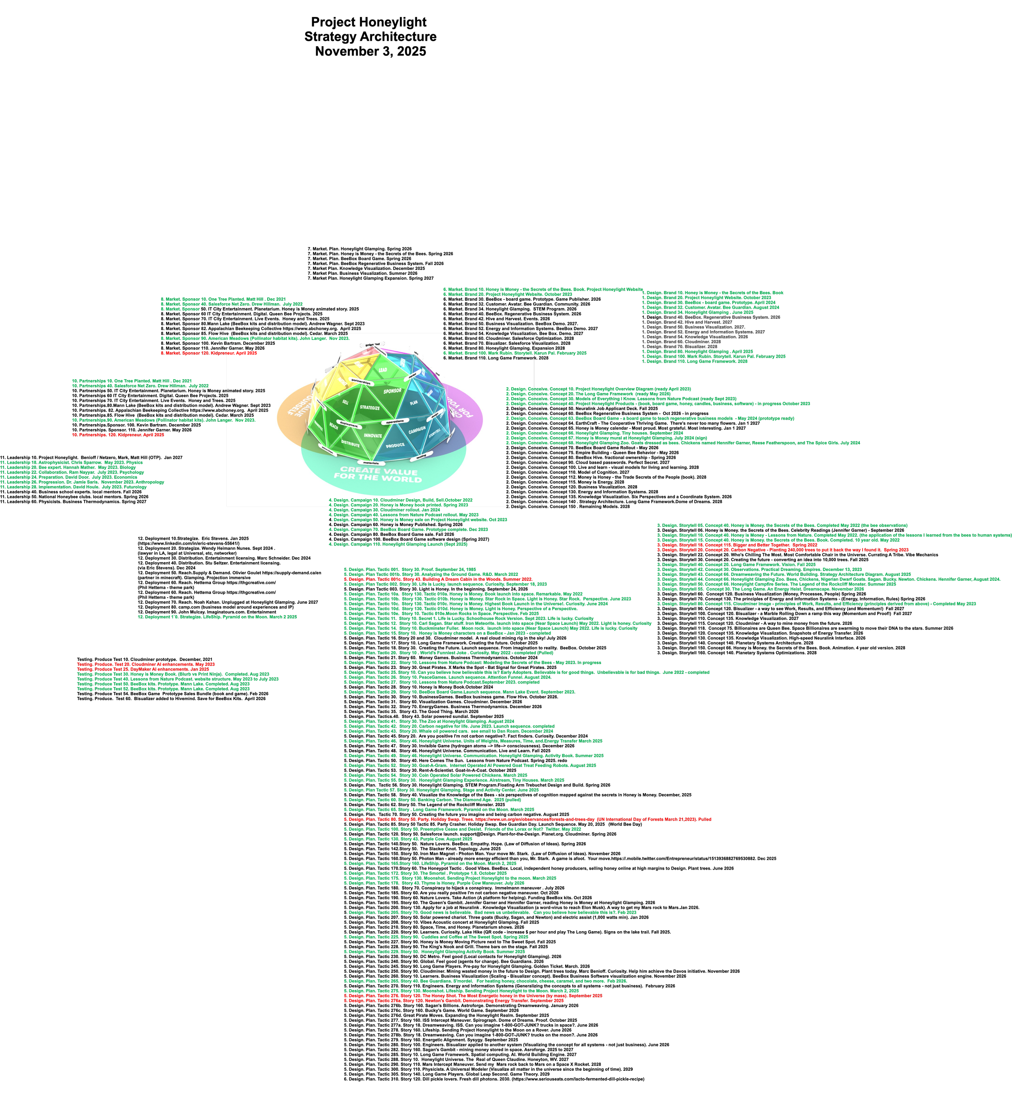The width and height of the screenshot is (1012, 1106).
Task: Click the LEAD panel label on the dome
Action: click(x=383, y=370)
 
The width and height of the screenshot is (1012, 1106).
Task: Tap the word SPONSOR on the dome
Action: click(x=392, y=391)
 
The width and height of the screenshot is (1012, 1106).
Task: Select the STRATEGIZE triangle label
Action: click(x=370, y=408)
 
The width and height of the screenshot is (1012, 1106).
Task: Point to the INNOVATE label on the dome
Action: click(x=373, y=435)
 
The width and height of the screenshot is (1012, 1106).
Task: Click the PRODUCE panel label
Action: click(x=395, y=446)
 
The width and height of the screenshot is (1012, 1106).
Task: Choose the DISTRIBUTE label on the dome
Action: click(x=350, y=443)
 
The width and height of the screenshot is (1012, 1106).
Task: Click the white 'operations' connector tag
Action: click(x=395, y=422)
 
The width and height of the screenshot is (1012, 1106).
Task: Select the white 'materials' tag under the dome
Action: click(x=371, y=463)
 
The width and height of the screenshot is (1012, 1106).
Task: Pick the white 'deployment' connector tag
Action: click(x=349, y=424)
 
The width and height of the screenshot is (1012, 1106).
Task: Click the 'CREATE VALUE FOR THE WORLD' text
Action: click(x=378, y=473)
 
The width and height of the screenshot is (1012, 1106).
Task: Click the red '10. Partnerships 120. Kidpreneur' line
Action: click(x=118, y=435)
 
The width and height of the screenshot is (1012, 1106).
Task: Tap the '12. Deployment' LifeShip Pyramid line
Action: click(x=218, y=617)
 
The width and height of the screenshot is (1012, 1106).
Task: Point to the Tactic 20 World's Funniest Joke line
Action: click(x=449, y=653)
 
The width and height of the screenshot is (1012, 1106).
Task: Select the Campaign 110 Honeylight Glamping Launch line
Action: click(x=398, y=544)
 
